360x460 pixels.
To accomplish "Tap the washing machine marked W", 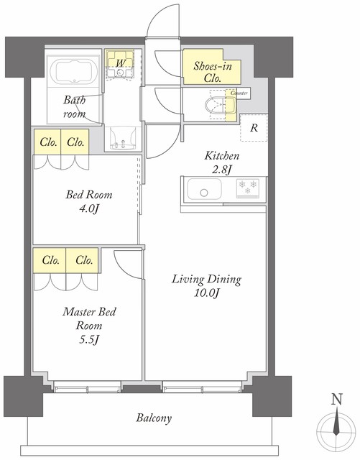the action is coord(120,65).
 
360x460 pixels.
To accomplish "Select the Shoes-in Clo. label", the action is coord(213,72).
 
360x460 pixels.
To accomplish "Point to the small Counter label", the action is coord(239,93).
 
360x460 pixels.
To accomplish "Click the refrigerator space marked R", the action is coord(254,128).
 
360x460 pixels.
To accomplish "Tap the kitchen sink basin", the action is coord(205,188).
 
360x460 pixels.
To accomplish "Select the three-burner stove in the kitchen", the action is coord(248,188).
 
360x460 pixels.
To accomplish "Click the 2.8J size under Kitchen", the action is coord(222,170).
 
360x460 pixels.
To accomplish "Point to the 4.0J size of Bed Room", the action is coord(88,209).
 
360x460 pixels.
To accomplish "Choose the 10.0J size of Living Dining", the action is coord(206,293).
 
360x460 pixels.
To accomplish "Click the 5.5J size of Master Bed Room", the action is coord(89,340).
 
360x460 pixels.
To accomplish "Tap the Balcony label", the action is coord(154,418).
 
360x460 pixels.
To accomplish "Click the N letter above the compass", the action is coord(337,400).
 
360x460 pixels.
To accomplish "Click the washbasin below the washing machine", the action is coord(123,139).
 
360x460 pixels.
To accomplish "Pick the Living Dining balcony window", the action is coord(203,387).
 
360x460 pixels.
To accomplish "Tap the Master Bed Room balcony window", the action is coord(88,387).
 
